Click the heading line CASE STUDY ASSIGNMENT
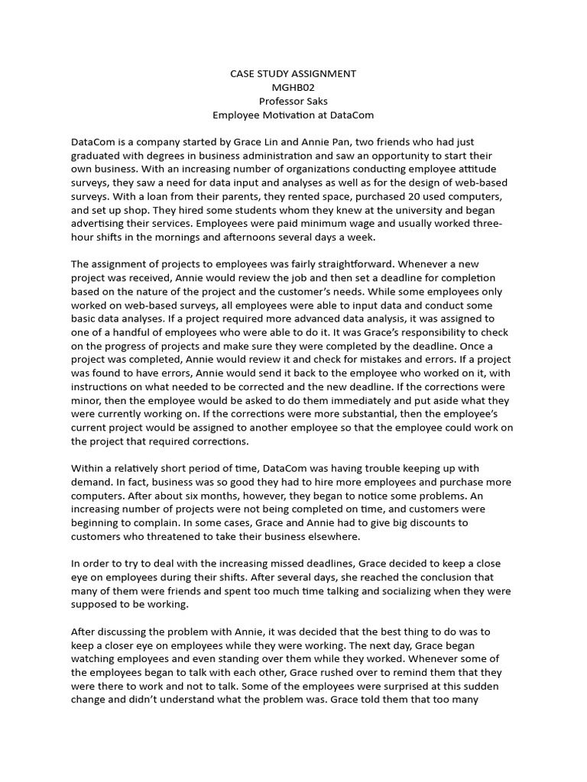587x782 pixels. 293,74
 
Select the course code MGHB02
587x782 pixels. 293,88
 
